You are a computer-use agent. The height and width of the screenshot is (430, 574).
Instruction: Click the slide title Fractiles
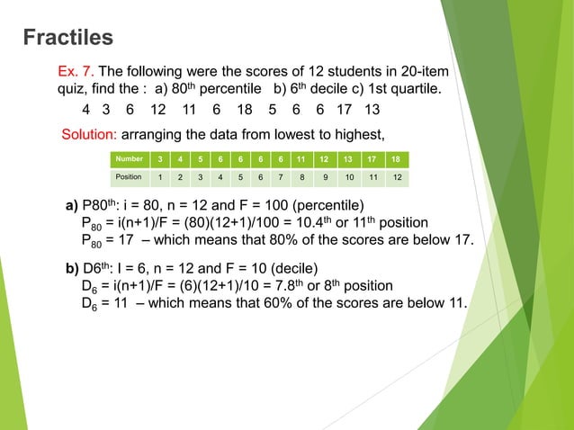click(68, 37)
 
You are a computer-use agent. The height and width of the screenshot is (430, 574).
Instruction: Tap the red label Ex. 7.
click(76, 71)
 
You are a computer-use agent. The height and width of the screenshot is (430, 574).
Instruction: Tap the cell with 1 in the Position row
click(160, 177)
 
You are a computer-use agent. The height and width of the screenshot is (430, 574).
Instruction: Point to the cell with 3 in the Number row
click(160, 160)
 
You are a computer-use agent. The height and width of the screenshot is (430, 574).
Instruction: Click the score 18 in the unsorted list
click(244, 110)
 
